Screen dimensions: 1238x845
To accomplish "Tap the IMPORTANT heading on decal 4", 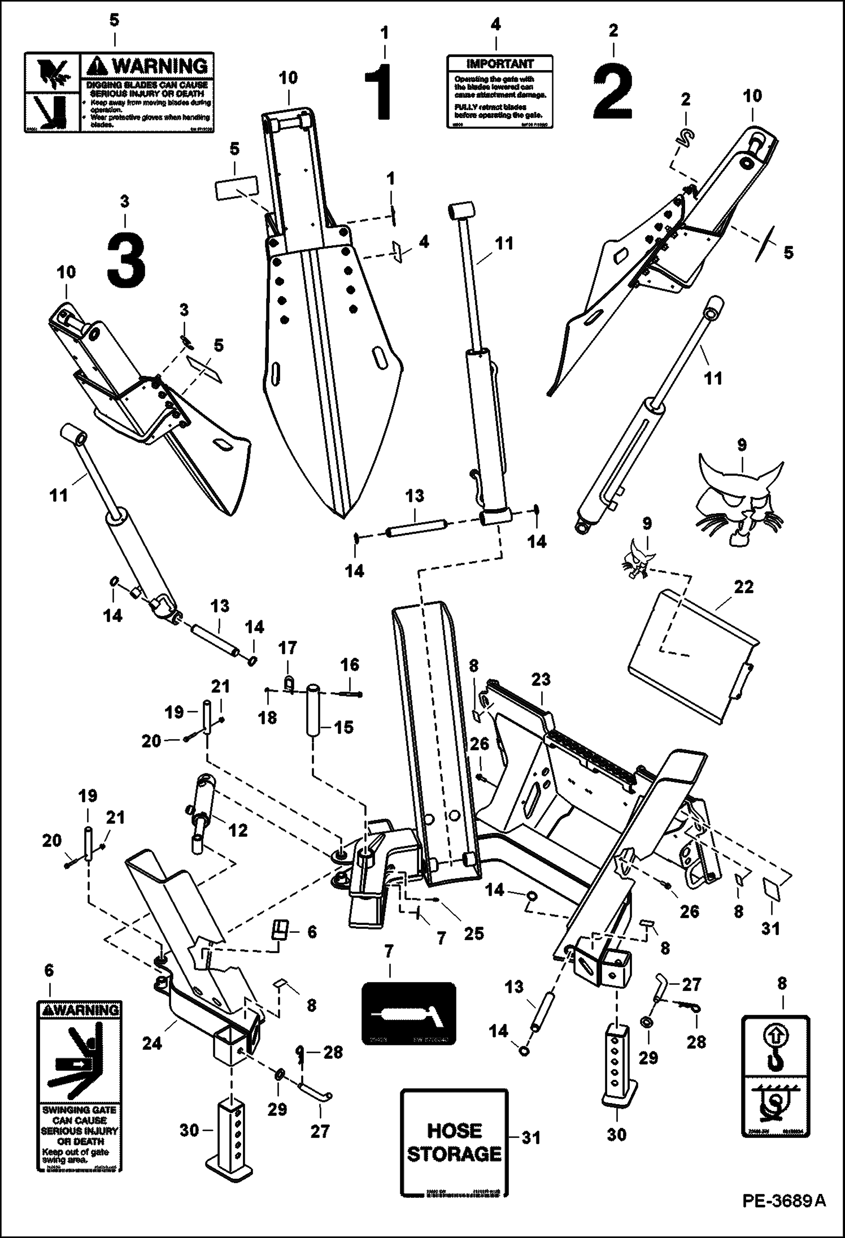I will pos(499,64).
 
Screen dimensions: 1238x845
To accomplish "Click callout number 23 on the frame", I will pos(541,679).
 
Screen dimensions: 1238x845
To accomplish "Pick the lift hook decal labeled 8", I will pos(775,1075).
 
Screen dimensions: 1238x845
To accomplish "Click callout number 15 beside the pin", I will pos(343,727).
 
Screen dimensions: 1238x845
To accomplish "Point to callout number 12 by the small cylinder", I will pos(238,830).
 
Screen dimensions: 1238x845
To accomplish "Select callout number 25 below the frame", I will pos(473,933).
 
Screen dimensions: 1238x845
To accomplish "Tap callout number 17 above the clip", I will pos(288,648).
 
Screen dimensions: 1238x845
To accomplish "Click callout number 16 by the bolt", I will pos(350,664).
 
